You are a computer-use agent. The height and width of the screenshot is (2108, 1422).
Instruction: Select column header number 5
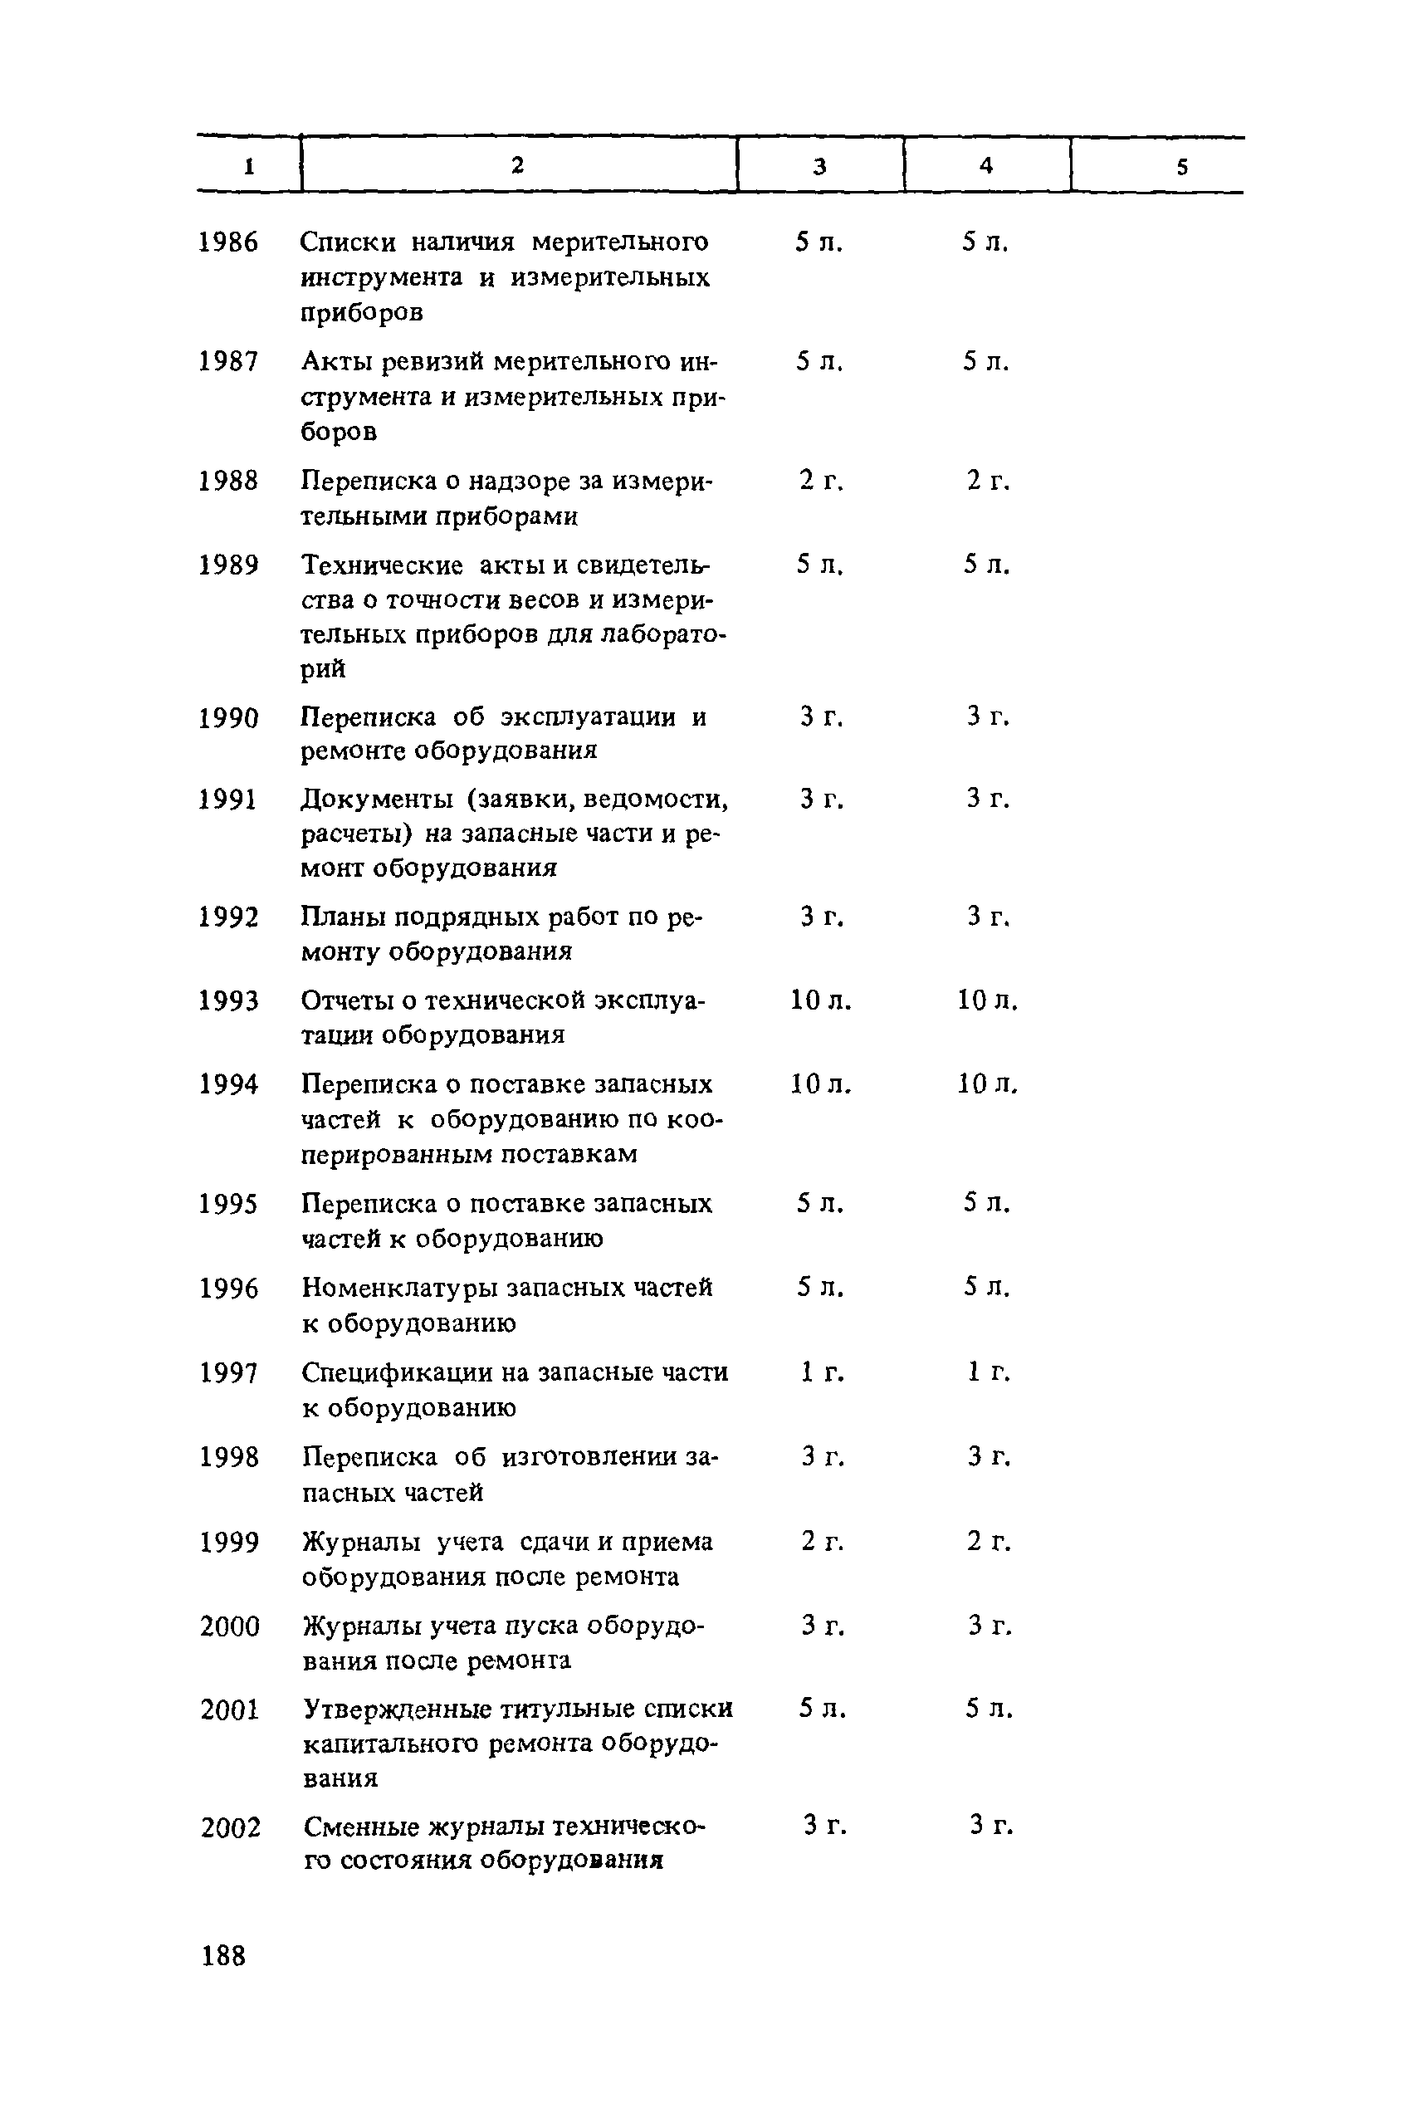[x=1181, y=167]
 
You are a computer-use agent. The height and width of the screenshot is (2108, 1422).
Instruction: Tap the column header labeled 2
[x=517, y=164]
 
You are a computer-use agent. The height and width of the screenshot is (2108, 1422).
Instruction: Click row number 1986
[x=228, y=243]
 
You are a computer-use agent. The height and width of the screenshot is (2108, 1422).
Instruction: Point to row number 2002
[x=230, y=1827]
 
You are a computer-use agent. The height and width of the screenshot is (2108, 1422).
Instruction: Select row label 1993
[x=228, y=1001]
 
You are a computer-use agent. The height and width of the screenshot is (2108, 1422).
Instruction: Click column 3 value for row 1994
[x=821, y=1084]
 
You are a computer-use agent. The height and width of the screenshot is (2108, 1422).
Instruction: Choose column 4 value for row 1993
[x=988, y=1000]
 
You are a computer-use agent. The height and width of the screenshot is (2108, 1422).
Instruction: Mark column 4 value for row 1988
[x=988, y=481]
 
